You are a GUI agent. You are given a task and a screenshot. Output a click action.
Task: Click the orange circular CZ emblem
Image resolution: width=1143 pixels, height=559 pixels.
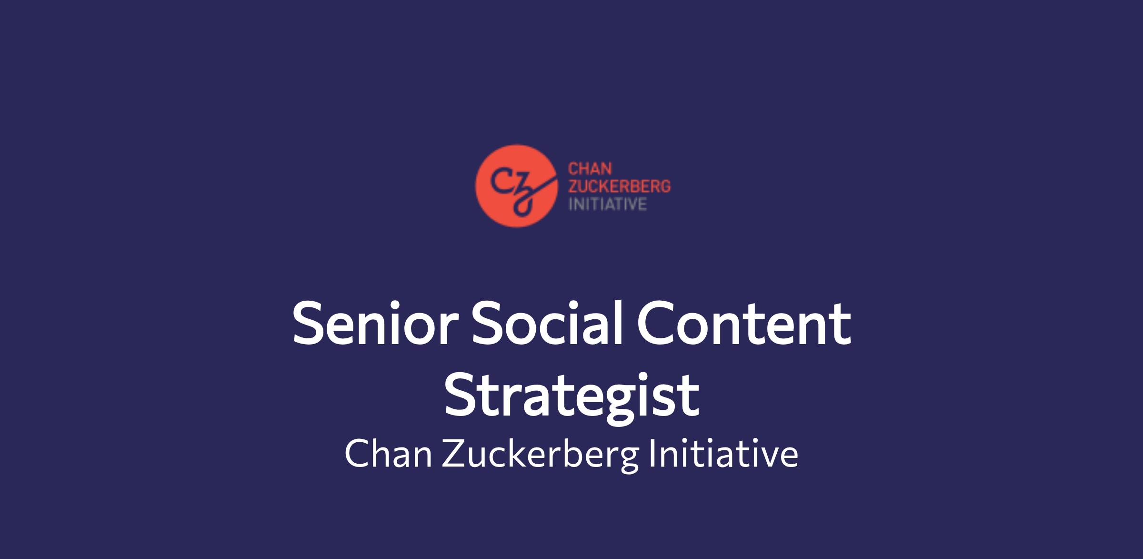coord(516,186)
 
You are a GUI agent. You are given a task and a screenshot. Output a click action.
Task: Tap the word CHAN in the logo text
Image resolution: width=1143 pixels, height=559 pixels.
coord(590,170)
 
